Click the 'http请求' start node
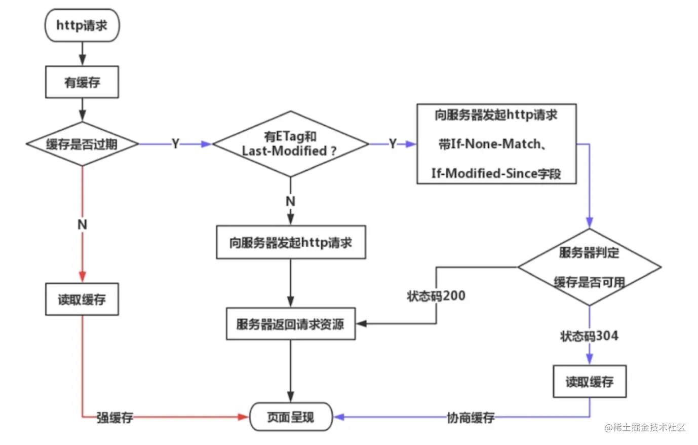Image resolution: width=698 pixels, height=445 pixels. pos(82,25)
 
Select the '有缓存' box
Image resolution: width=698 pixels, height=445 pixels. pos(82,82)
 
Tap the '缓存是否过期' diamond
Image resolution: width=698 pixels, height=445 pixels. pos(82,144)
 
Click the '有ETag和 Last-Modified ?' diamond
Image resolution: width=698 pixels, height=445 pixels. pos(290,144)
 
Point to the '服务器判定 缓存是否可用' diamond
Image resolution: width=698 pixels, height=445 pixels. pos(589,267)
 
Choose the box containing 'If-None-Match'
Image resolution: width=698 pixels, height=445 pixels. pos(496,144)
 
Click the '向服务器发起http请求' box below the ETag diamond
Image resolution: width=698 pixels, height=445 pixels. pos(291,243)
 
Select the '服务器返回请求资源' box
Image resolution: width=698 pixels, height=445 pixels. pos(290,324)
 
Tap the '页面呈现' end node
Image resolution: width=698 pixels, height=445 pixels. pos(291,417)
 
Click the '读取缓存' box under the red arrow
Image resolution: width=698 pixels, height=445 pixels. pos(82,300)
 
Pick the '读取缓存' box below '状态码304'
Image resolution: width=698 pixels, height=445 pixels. pos(589,382)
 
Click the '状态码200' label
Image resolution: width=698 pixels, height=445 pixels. pos(436,296)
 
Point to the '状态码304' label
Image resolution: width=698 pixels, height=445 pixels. pos(589,336)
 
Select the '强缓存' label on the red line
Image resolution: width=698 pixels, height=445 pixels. pos(115,418)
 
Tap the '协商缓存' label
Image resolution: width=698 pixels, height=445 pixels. pos(471,418)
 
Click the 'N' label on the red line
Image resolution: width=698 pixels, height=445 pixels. pos(82,224)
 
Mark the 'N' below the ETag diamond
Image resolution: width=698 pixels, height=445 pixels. pos(290,201)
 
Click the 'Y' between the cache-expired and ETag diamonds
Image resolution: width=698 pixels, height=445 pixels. pos(175,144)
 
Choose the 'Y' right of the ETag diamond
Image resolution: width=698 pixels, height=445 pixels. pos(393,144)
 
